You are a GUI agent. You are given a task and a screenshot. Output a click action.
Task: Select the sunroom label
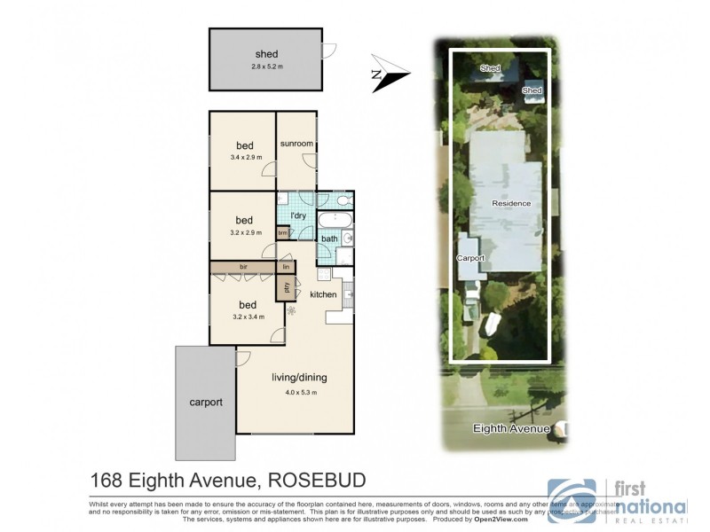296,144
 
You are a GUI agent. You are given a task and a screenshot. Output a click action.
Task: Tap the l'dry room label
298,215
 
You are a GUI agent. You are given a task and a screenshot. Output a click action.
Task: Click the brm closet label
283,233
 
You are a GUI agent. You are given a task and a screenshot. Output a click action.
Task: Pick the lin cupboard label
286,266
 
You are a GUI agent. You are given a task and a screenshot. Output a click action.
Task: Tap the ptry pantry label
287,286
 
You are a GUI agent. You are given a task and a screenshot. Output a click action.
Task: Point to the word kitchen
323,293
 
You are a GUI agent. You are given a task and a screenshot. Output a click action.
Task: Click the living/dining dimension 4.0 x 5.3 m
294,392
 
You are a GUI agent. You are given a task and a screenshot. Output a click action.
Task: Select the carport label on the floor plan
205,402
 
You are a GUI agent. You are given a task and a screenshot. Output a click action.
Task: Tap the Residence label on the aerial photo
511,203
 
